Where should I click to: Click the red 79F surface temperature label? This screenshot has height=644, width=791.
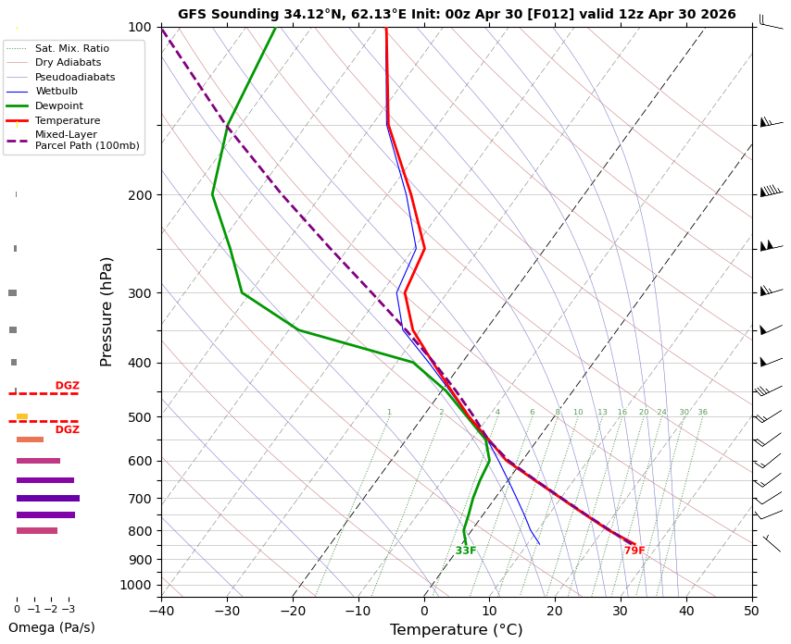(x=634, y=551)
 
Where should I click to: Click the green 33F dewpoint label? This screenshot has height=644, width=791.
(x=466, y=551)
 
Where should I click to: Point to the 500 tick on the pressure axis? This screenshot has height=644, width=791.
(x=140, y=417)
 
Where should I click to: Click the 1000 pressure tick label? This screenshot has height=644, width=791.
(x=135, y=585)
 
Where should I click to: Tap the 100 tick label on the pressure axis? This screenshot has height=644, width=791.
(x=140, y=27)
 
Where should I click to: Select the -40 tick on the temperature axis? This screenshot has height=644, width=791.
(x=161, y=611)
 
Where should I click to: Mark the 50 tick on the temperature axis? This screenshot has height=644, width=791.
(x=752, y=611)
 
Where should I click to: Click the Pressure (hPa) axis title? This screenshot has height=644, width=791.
(x=106, y=312)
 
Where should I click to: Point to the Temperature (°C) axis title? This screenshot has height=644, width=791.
(x=456, y=630)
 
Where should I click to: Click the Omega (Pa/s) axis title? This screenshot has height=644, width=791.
(x=52, y=627)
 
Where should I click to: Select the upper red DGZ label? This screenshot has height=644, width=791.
(x=67, y=386)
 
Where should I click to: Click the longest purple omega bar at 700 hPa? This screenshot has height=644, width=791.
(x=48, y=499)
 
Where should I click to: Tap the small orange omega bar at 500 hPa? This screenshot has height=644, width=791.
(x=22, y=416)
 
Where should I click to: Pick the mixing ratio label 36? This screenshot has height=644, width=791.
(x=702, y=412)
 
